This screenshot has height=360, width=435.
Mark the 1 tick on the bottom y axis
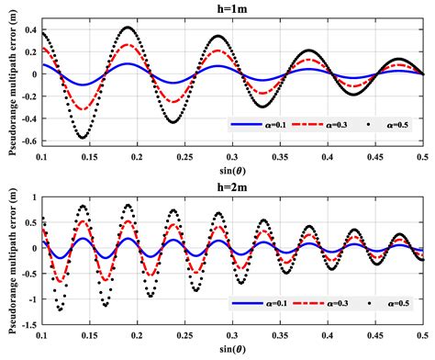[34, 197]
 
